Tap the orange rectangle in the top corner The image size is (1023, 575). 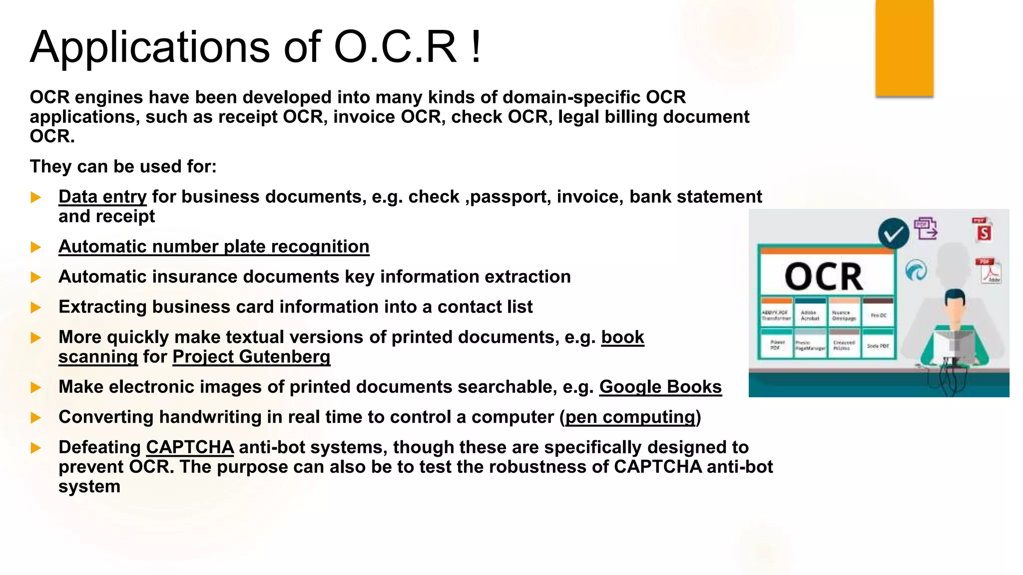coord(904,47)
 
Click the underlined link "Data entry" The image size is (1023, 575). coord(102,197)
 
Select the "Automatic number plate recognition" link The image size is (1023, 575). coord(214,247)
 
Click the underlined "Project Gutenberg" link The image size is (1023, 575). coord(251,357)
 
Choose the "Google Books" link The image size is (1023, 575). coord(660,387)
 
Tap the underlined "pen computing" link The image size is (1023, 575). coord(630,417)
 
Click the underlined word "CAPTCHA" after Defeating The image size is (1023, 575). coord(190,447)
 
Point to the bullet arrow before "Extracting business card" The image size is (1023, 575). coord(35,307)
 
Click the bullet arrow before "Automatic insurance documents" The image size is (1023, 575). coord(35,278)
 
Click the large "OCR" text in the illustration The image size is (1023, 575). coord(824,277)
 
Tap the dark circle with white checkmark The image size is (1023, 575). coord(893,233)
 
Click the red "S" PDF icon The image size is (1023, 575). coord(983,231)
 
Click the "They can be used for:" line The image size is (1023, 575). coord(123,167)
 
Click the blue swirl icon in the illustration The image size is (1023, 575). coord(916,271)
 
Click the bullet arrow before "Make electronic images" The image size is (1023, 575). coord(35,388)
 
